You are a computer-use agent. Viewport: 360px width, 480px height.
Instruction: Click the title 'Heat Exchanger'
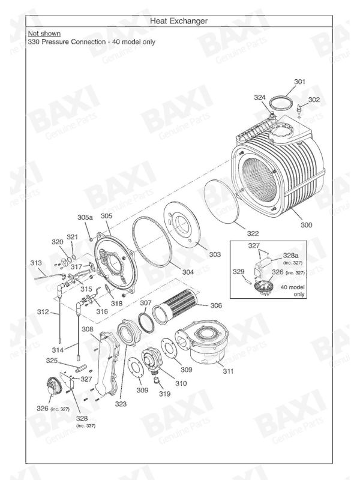179,21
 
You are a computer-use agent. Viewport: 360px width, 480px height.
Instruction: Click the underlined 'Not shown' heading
44,34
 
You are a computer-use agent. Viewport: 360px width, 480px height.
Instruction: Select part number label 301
299,82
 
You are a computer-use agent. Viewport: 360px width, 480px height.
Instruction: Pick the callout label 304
187,272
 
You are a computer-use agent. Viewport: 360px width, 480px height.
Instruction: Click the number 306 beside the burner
216,305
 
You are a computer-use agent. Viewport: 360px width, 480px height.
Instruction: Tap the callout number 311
228,372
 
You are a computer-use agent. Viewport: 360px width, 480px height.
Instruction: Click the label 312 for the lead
43,312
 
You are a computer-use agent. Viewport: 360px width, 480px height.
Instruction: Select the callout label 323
121,404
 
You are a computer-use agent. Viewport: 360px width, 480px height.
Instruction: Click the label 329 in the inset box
239,272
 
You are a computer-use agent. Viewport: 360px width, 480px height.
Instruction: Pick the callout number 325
52,361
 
